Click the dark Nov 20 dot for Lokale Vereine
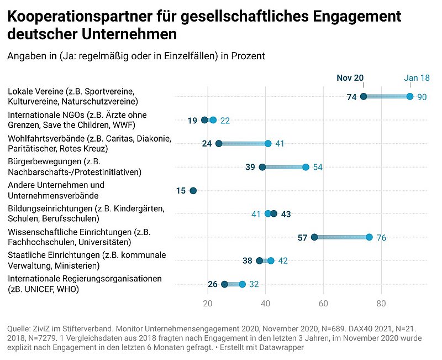click(x=364, y=97)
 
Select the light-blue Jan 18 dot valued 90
click(x=410, y=97)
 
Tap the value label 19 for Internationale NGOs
click(x=192, y=121)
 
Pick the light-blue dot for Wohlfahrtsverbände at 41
click(x=268, y=144)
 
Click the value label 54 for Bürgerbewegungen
click(x=318, y=167)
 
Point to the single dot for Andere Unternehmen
click(x=193, y=191)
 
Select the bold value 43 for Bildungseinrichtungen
click(x=286, y=214)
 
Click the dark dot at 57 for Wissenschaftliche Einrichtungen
click(x=314, y=237)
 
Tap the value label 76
click(x=381, y=238)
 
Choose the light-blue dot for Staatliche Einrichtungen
click(x=271, y=261)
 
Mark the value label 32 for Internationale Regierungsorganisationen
click(x=254, y=285)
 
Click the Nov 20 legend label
click(x=350, y=78)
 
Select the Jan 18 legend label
click(x=417, y=78)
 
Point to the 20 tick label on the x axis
click(x=208, y=303)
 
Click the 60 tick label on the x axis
click(x=323, y=303)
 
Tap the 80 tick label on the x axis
click(x=381, y=303)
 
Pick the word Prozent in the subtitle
click(x=248, y=56)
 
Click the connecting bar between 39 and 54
click(x=284, y=167)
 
